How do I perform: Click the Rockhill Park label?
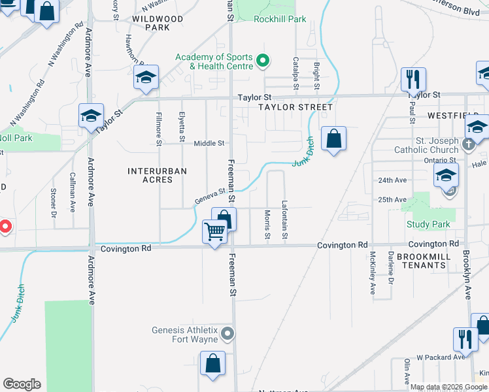pyautogui.click(x=280, y=20)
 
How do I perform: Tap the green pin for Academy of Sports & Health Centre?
pyautogui.click(x=263, y=62)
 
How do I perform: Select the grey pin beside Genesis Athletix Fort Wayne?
pyautogui.click(x=227, y=334)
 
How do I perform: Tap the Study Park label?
pyautogui.click(x=428, y=225)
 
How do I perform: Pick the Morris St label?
pyautogui.click(x=267, y=224)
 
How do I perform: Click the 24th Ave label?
pyautogui.click(x=392, y=180)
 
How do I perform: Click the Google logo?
pyautogui.click(x=22, y=384)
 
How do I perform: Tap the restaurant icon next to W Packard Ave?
pyautogui.click(x=465, y=339)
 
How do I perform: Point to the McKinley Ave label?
pyautogui.click(x=373, y=273)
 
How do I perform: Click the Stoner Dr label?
pyautogui.click(x=53, y=203)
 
